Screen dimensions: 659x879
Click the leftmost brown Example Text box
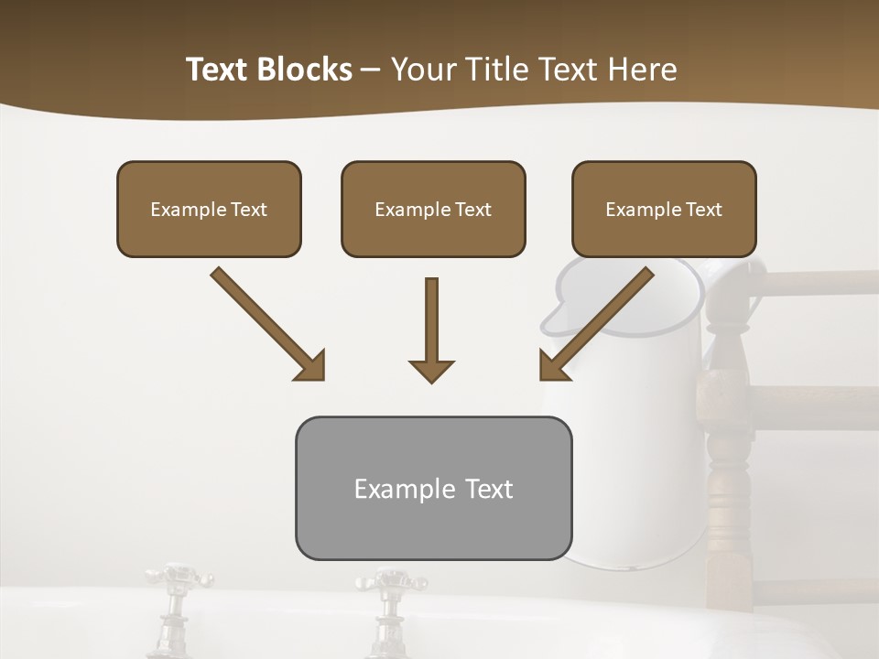209,209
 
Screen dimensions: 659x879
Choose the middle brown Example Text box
433,209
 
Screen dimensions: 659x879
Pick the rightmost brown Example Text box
664,209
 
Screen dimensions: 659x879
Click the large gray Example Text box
433,488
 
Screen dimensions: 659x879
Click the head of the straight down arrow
431,370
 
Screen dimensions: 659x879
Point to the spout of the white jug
555,316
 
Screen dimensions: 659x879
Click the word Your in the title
422,70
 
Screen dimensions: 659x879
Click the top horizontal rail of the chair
815,284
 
